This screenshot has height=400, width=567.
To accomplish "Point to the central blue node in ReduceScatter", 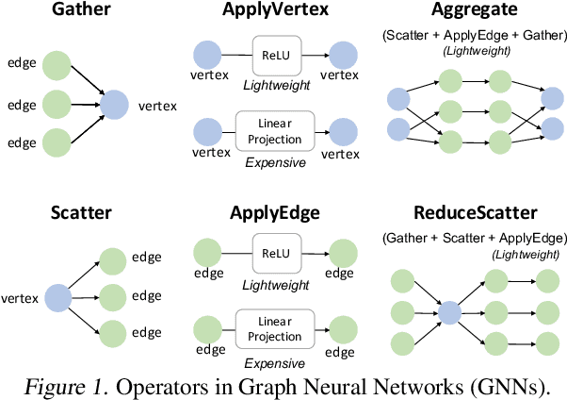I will [449, 312].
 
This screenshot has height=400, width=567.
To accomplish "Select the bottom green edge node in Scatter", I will [114, 333].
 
